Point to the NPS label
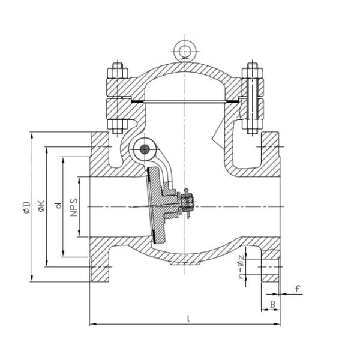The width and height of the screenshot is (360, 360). tap(74, 206)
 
